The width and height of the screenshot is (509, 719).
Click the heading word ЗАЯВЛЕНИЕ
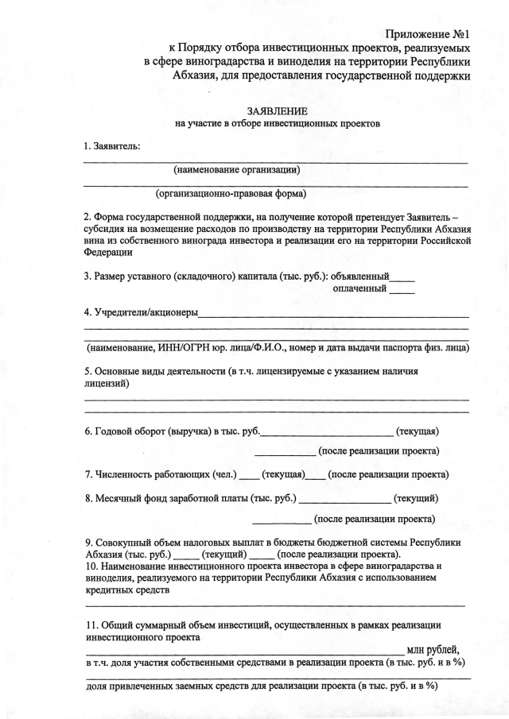(278, 111)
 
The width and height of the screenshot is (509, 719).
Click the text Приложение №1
(429, 34)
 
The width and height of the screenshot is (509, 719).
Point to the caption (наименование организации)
(236, 169)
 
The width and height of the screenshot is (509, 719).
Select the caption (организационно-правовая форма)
(231, 192)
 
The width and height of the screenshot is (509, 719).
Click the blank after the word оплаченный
(402, 289)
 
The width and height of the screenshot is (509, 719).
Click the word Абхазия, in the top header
(199, 75)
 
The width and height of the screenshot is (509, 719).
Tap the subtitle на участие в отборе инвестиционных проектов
(278, 124)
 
